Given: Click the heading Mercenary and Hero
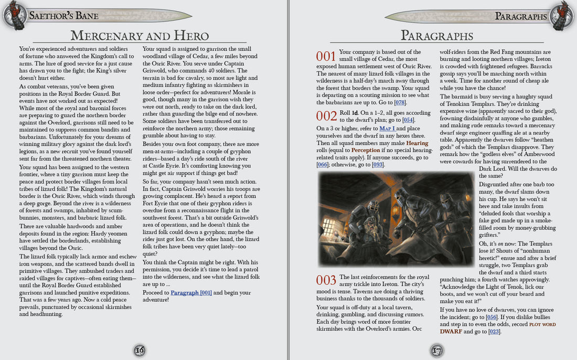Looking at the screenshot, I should point(140,36).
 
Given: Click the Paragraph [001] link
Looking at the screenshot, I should point(191,292).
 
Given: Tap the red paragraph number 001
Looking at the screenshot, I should point(326,56).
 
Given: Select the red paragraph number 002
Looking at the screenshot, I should point(326,116).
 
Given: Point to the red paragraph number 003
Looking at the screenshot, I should point(326,280).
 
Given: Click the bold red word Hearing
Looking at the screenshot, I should point(417,143).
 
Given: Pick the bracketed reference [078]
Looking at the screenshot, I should point(401,102).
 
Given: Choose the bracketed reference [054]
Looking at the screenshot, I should point(409,120).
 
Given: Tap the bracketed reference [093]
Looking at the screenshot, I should point(378,165).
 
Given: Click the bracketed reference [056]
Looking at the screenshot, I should point(491,317).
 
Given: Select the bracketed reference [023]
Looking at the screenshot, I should point(494,332).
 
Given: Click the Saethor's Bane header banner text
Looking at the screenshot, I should point(64,16).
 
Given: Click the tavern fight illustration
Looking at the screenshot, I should point(374,219).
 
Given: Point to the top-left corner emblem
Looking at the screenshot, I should point(14,14).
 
